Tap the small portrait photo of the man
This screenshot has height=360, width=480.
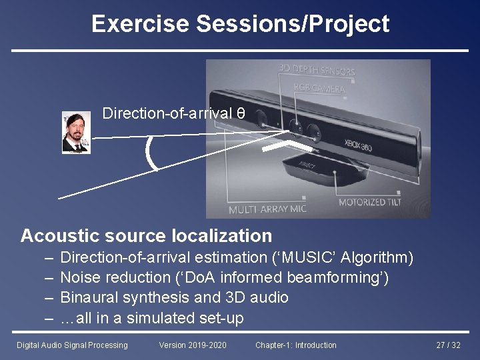pos(76,132)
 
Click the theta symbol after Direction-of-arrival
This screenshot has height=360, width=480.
pos(241,113)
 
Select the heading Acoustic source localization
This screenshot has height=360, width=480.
pos(147,235)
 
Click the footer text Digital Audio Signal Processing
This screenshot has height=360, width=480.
pos(71,345)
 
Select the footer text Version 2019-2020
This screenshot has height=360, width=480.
pos(193,345)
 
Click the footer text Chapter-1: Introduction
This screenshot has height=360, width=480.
pos(295,345)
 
